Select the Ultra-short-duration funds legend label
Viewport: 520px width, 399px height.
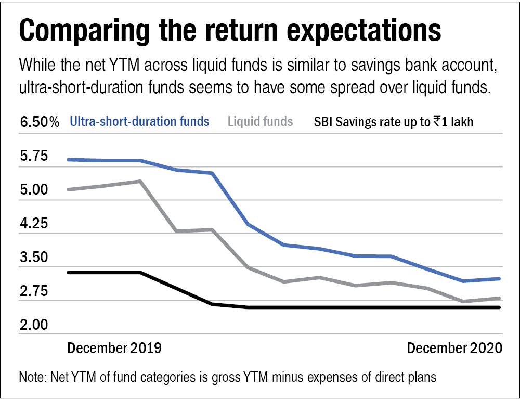140,122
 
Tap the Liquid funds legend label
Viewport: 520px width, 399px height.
260,122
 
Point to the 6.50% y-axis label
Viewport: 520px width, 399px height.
40,123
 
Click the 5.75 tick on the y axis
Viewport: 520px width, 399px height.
33,157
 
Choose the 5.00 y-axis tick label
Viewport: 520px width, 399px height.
33,190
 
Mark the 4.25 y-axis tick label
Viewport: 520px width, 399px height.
33,224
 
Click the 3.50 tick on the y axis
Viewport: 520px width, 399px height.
33,258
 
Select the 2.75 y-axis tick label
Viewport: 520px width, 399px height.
33,291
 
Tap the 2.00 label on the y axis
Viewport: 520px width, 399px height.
33,325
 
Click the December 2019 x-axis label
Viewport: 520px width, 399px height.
114,348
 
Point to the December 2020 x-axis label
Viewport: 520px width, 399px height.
454,348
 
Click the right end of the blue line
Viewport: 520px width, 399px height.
500,279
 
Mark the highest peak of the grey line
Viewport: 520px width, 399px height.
140,181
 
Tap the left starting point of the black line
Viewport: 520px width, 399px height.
69,272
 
